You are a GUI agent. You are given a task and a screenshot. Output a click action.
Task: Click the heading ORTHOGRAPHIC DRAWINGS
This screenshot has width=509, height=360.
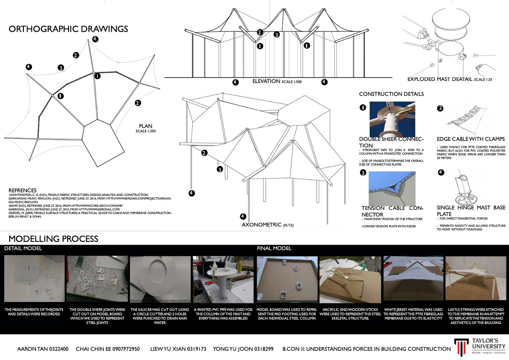pyautogui.click(x=68, y=29)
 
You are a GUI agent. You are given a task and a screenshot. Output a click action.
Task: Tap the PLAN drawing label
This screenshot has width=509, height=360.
pyautogui.click(x=145, y=126)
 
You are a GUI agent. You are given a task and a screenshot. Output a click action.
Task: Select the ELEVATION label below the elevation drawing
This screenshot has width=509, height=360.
pyautogui.click(x=266, y=81)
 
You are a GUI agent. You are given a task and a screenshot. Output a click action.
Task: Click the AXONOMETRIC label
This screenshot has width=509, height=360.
pyautogui.click(x=261, y=225)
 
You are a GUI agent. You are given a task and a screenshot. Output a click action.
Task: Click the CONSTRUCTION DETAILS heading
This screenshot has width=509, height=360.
pyautogui.click(x=391, y=94)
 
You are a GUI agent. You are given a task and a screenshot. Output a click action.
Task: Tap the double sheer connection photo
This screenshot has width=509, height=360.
pyautogui.click(x=392, y=119)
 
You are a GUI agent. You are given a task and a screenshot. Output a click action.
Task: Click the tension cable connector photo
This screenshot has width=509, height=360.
pyautogui.click(x=392, y=188)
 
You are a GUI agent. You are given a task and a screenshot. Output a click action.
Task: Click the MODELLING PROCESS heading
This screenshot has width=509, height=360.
pyautogui.click(x=53, y=239)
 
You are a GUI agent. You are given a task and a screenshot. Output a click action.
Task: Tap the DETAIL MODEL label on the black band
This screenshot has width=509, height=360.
pyautogui.click(x=23, y=248)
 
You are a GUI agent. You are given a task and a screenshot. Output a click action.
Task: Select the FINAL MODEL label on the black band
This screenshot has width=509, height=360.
pyautogui.click(x=274, y=248)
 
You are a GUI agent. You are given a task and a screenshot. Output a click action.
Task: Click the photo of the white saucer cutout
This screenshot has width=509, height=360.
pyautogui.click(x=160, y=279)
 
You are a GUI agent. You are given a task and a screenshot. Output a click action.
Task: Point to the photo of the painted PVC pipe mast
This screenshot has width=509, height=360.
pyautogui.click(x=223, y=279)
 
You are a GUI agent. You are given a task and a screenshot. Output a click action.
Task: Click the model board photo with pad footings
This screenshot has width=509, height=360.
pyautogui.click(x=287, y=279)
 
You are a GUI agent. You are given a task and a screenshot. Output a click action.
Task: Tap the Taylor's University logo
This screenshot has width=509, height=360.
pyautogui.click(x=479, y=346)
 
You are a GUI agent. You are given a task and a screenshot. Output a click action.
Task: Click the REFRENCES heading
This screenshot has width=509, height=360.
pyautogui.click(x=22, y=190)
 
